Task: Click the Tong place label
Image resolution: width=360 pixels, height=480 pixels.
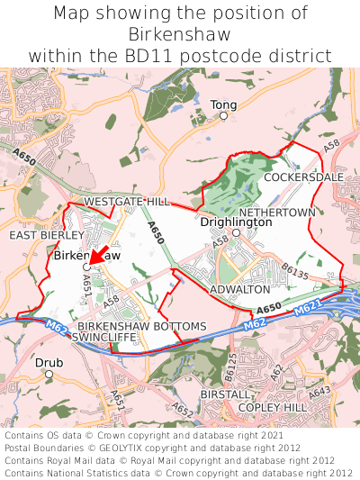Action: [223, 104]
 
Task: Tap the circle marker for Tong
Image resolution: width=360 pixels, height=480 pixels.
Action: [223, 116]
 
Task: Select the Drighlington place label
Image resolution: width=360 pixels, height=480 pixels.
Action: [236, 221]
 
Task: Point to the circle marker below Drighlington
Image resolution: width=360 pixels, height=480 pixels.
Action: [236, 232]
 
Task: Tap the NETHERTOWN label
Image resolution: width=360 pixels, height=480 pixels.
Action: [283, 213]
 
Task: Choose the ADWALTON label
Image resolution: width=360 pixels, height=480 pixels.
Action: [239, 289]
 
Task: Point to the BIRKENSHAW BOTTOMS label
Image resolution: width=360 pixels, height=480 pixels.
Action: [142, 325]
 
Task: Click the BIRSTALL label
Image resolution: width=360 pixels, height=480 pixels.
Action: [225, 394]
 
